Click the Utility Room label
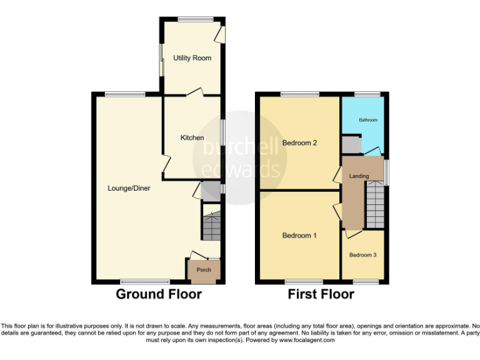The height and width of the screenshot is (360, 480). (192, 58)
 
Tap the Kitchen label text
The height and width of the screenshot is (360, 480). (192, 137)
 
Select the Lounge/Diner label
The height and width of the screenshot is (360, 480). (129, 187)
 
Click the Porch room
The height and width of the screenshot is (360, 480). (204, 271)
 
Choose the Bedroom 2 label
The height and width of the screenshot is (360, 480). (299, 143)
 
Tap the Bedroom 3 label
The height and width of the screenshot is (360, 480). (362, 254)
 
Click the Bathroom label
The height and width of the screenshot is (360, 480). (367, 119)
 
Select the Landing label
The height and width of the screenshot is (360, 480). (359, 176)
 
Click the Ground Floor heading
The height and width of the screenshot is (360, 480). (159, 294)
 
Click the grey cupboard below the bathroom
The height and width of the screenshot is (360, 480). (351, 145)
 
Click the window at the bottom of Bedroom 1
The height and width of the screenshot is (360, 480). (300, 282)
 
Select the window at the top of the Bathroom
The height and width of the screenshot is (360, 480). (367, 94)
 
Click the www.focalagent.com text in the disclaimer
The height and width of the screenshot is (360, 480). (307, 341)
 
